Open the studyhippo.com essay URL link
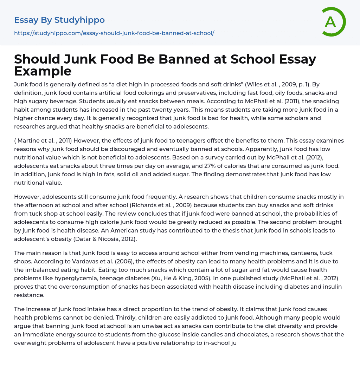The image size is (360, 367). click(x=114, y=33)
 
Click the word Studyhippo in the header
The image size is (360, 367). click(x=79, y=20)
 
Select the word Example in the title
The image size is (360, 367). click(x=43, y=71)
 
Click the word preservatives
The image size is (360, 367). click(x=159, y=93)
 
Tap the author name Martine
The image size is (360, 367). click(x=29, y=140)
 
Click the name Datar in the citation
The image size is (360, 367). click(x=108, y=239)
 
